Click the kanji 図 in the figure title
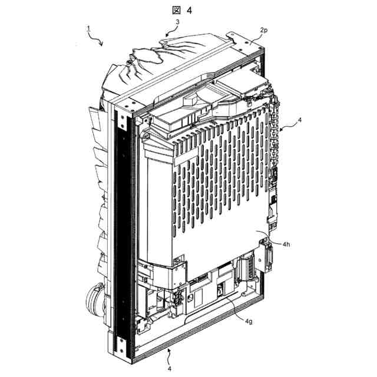tap(177, 10)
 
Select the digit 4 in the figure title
tap(190, 11)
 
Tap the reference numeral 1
tap(88, 29)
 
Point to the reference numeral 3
tap(177, 22)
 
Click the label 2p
tap(264, 31)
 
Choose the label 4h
tap(286, 244)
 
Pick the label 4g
tap(249, 321)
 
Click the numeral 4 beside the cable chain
tap(300, 120)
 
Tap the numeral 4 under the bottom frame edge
tap(170, 369)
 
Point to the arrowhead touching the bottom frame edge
tap(170, 350)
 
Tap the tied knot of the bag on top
tap(131, 60)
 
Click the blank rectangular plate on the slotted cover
tap(186, 156)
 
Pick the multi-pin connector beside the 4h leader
tap(269, 258)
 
